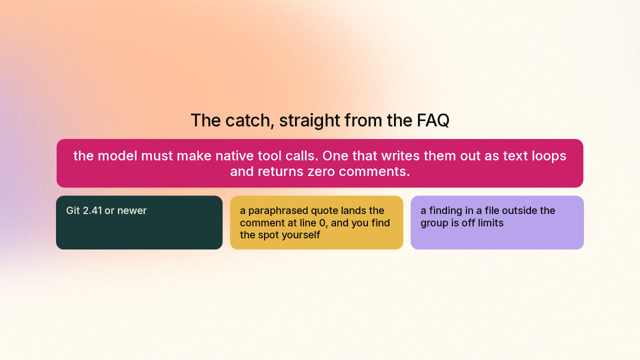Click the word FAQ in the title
[x=433, y=120]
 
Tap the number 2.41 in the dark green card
[x=92, y=210]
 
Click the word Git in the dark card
[x=73, y=210]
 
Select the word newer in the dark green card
[x=132, y=211]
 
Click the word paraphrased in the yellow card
[x=278, y=211]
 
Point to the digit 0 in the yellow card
[x=322, y=223]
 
